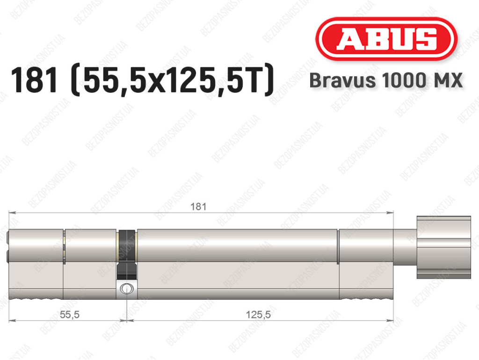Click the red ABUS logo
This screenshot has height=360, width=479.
point(386,39)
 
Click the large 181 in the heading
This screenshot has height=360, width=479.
point(34,80)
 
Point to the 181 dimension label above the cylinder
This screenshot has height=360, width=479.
point(198,207)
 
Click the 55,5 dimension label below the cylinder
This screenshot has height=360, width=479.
point(70,314)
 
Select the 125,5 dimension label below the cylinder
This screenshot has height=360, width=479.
point(258,314)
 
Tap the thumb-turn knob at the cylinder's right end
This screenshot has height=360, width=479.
point(443,248)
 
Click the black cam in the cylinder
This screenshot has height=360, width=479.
point(126,254)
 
